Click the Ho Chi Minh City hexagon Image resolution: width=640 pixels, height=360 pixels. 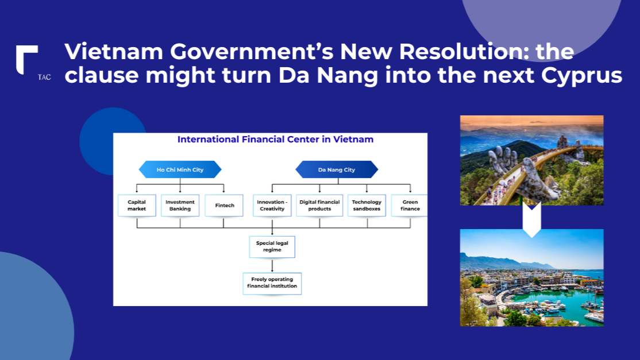(180, 169)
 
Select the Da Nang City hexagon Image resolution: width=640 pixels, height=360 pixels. (337, 169)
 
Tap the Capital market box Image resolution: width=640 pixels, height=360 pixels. (137, 206)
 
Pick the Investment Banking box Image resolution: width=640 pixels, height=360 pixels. (180, 206)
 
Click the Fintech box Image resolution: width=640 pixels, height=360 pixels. (223, 206)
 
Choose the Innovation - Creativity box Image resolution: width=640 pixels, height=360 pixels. (272, 206)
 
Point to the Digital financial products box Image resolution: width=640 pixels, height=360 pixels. (319, 206)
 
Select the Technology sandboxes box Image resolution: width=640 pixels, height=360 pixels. (367, 206)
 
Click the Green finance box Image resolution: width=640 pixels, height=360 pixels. (410, 206)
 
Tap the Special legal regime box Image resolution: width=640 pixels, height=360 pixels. (272, 247)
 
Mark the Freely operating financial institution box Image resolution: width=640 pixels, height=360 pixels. (272, 284)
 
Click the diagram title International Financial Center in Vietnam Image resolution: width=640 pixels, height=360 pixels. (276, 140)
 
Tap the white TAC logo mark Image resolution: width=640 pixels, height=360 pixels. (26, 60)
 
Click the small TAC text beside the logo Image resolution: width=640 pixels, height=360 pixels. (44, 77)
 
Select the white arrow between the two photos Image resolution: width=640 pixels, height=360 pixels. (532, 220)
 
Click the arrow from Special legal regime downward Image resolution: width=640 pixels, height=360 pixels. (272, 265)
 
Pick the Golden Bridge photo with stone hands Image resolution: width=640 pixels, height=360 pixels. (532, 160)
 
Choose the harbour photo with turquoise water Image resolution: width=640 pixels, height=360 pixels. (532, 278)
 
